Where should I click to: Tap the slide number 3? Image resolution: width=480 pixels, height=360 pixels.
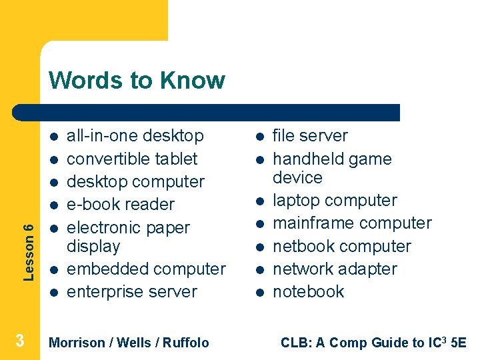point(20,341)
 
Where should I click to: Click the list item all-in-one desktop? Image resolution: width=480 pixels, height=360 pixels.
point(135,136)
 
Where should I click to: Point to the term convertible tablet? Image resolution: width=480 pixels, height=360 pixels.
point(133,159)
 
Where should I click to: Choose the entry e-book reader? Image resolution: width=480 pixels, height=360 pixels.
point(121,204)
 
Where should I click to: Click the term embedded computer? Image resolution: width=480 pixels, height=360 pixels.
point(147,269)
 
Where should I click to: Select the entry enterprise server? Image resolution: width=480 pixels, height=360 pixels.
point(132,291)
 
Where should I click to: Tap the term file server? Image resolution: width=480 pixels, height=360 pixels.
point(310,136)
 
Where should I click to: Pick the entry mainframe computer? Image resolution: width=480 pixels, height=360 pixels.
point(352,223)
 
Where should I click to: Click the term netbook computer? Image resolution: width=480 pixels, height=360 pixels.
point(342,246)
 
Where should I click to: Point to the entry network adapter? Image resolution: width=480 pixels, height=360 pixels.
point(335,269)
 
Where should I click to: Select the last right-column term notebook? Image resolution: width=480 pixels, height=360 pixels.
point(309,291)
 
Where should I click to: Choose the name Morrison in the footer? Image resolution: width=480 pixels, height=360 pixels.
point(77,343)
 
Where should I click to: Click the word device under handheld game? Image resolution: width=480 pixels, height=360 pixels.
point(297,178)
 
